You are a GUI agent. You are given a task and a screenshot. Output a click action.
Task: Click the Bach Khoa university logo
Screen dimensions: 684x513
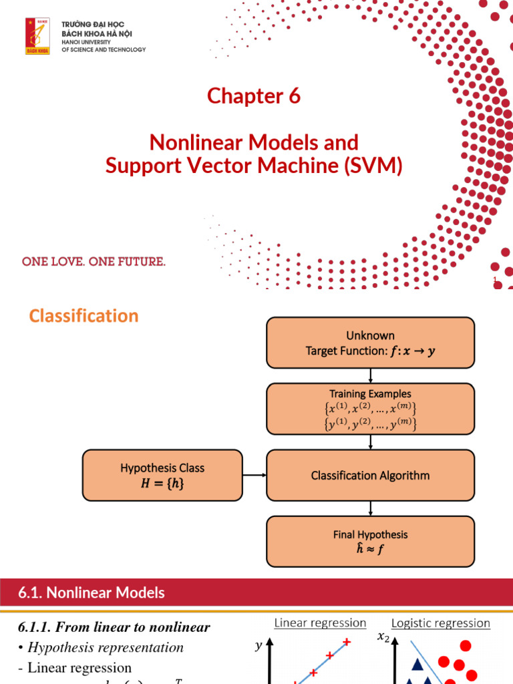pyautogui.click(x=37, y=36)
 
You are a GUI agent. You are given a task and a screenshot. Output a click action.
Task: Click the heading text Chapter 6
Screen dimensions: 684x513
pyautogui.click(x=254, y=96)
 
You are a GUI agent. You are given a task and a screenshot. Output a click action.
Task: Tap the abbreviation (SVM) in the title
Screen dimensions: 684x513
pyautogui.click(x=374, y=164)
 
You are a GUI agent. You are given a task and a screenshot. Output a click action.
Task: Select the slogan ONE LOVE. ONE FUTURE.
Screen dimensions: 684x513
pyautogui.click(x=94, y=262)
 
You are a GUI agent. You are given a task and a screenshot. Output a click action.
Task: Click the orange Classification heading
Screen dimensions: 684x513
pyautogui.click(x=83, y=316)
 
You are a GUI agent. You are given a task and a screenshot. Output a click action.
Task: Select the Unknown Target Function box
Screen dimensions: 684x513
pyautogui.click(x=370, y=343)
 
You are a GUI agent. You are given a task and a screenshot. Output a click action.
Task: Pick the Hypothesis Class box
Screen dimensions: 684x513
pyautogui.click(x=162, y=476)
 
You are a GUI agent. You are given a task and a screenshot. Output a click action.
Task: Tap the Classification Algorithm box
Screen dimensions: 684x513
pyautogui.click(x=370, y=476)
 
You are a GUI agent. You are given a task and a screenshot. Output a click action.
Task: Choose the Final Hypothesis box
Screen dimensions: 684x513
pyautogui.click(x=370, y=542)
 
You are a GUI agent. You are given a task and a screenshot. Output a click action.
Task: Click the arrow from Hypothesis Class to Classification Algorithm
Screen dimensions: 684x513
pyautogui.click(x=254, y=476)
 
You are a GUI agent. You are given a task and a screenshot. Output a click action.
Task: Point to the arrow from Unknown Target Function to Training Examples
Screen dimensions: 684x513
pyautogui.click(x=370, y=376)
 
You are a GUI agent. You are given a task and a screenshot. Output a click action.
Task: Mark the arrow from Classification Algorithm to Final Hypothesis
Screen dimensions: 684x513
pyautogui.click(x=370, y=509)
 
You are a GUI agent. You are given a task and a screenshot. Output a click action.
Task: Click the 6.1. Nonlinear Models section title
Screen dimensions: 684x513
pyautogui.click(x=91, y=592)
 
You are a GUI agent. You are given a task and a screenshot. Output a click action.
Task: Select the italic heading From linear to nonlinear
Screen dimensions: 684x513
pyautogui.click(x=114, y=627)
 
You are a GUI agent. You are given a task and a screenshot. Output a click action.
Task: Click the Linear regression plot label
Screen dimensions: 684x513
pyautogui.click(x=320, y=623)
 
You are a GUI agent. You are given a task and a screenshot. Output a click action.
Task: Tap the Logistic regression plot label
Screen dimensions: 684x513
pyautogui.click(x=440, y=623)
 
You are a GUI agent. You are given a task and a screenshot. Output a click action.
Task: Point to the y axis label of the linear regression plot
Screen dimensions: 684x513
pyautogui.click(x=259, y=647)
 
